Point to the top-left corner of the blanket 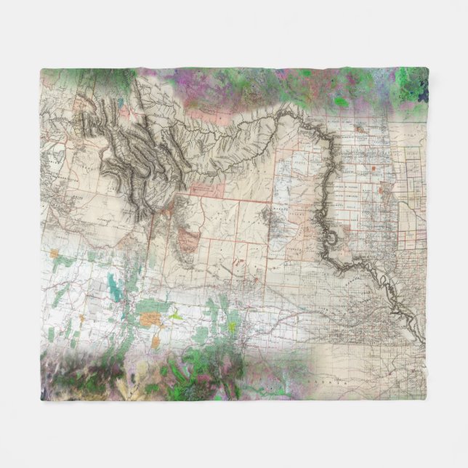(x=41, y=69)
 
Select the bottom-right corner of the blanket (x=427, y=399)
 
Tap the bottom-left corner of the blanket (x=41, y=399)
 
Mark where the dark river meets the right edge (x=425, y=342)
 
